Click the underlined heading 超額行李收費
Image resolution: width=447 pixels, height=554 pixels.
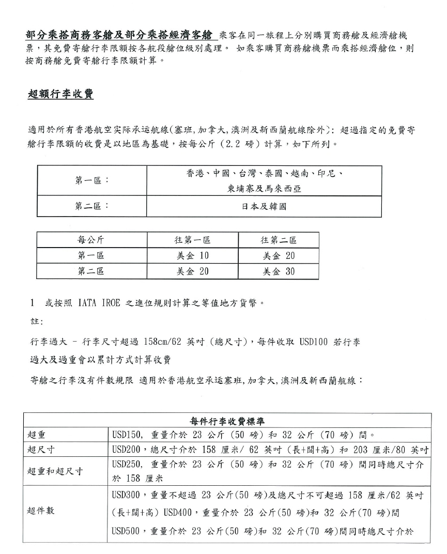(x=60, y=94)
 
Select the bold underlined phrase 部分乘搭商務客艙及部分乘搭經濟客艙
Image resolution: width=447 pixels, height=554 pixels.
(x=119, y=36)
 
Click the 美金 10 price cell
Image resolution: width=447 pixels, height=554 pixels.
(x=192, y=256)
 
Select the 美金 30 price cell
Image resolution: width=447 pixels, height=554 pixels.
(x=279, y=271)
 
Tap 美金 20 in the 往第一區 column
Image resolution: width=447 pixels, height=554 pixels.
(x=192, y=271)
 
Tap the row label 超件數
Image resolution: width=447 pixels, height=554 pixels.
(x=41, y=511)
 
